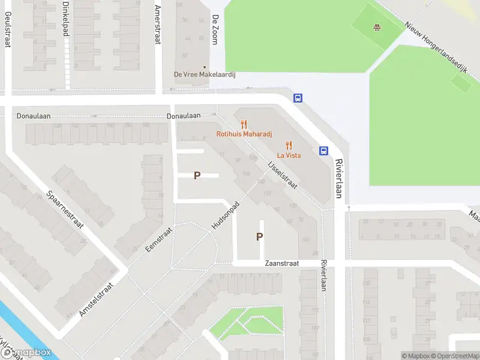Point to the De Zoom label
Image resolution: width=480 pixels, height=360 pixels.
pos(214,29)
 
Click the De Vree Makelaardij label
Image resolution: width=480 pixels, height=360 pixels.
pos(205,74)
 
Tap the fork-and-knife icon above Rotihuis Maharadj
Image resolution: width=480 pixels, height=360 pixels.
pos(244,124)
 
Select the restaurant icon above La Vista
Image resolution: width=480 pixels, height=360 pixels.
pos(289,145)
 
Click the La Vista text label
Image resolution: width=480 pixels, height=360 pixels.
pos(289,155)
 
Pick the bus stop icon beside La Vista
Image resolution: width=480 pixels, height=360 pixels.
pos(323,151)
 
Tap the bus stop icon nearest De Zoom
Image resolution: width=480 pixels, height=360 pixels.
pos(297,98)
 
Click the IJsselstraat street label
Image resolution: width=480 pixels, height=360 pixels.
pos(282,174)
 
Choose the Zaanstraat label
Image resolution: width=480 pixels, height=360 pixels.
pos(281,263)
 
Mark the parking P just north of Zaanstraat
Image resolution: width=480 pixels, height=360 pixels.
pos(259,236)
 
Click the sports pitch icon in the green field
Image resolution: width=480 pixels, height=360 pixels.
pos(377,27)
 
